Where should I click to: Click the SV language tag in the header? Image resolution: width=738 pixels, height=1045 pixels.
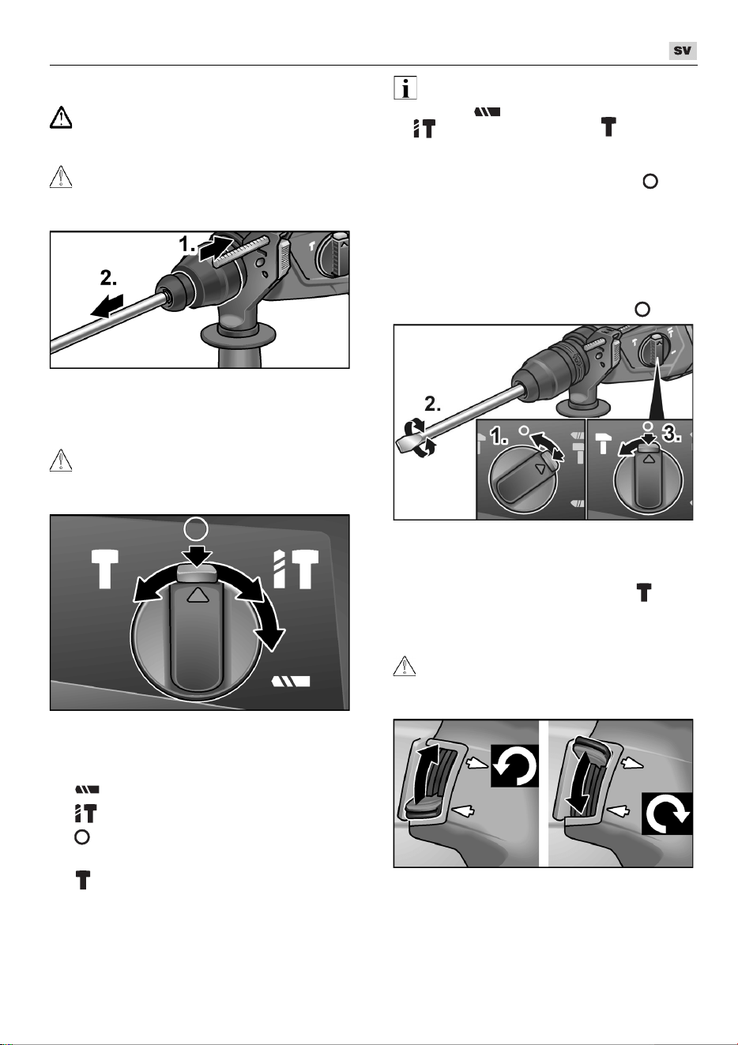(683, 51)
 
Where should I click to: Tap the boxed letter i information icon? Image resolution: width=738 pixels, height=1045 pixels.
(405, 88)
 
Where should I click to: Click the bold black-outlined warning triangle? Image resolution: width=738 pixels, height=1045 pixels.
(61, 117)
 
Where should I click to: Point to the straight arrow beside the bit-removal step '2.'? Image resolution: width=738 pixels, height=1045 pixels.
(107, 306)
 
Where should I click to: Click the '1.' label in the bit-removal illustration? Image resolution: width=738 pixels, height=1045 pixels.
(187, 244)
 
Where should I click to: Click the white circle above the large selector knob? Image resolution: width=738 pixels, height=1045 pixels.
(197, 529)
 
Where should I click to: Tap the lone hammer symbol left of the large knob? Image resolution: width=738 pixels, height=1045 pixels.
(104, 569)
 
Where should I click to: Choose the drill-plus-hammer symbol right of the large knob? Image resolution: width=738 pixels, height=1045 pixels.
(296, 569)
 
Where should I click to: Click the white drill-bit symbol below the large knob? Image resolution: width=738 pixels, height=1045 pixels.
(291, 682)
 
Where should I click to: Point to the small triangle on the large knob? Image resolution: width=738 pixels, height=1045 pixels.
(197, 596)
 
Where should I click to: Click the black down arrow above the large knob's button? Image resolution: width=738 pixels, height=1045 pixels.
(197, 554)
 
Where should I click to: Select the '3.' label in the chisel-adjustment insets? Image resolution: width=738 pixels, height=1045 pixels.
(672, 434)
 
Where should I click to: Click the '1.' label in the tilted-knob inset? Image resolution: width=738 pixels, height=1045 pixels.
(499, 437)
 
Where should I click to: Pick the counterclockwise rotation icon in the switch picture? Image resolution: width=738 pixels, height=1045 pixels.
(514, 765)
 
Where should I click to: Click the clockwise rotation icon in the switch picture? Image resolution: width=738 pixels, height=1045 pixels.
(667, 814)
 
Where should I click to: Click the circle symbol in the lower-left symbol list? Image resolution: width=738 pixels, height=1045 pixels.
(82, 837)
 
